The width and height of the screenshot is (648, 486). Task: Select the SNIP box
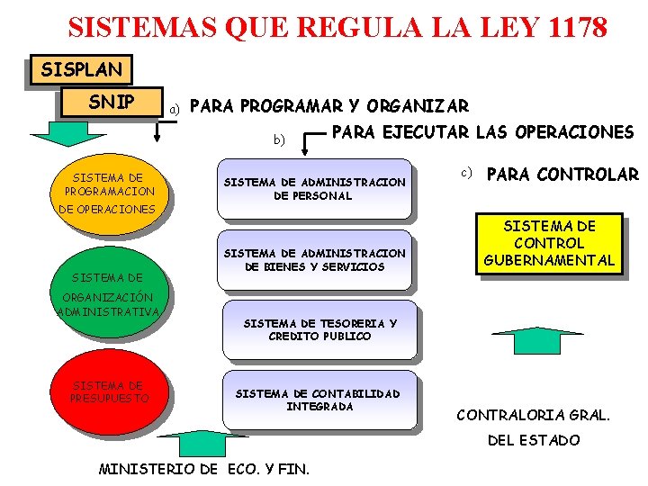click(111, 102)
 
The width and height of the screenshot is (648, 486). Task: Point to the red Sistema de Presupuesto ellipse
click(110, 392)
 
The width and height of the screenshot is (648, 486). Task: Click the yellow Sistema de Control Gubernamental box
click(549, 243)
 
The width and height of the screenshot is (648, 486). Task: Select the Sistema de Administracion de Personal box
click(314, 189)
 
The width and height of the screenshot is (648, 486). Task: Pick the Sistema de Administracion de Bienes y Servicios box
click(314, 260)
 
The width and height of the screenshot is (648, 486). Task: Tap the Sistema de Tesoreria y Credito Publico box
click(319, 329)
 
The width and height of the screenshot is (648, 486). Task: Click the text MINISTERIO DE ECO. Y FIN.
click(203, 469)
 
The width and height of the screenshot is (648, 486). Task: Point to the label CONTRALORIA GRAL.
click(534, 415)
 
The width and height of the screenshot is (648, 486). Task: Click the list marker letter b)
click(279, 139)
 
